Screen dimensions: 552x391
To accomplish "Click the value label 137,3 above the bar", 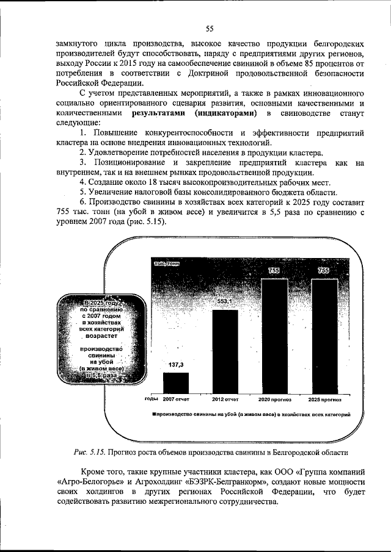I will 176,364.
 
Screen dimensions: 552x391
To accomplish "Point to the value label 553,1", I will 225,302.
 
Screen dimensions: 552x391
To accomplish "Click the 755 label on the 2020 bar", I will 274,270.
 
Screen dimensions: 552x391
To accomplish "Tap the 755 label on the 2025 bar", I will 323,270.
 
